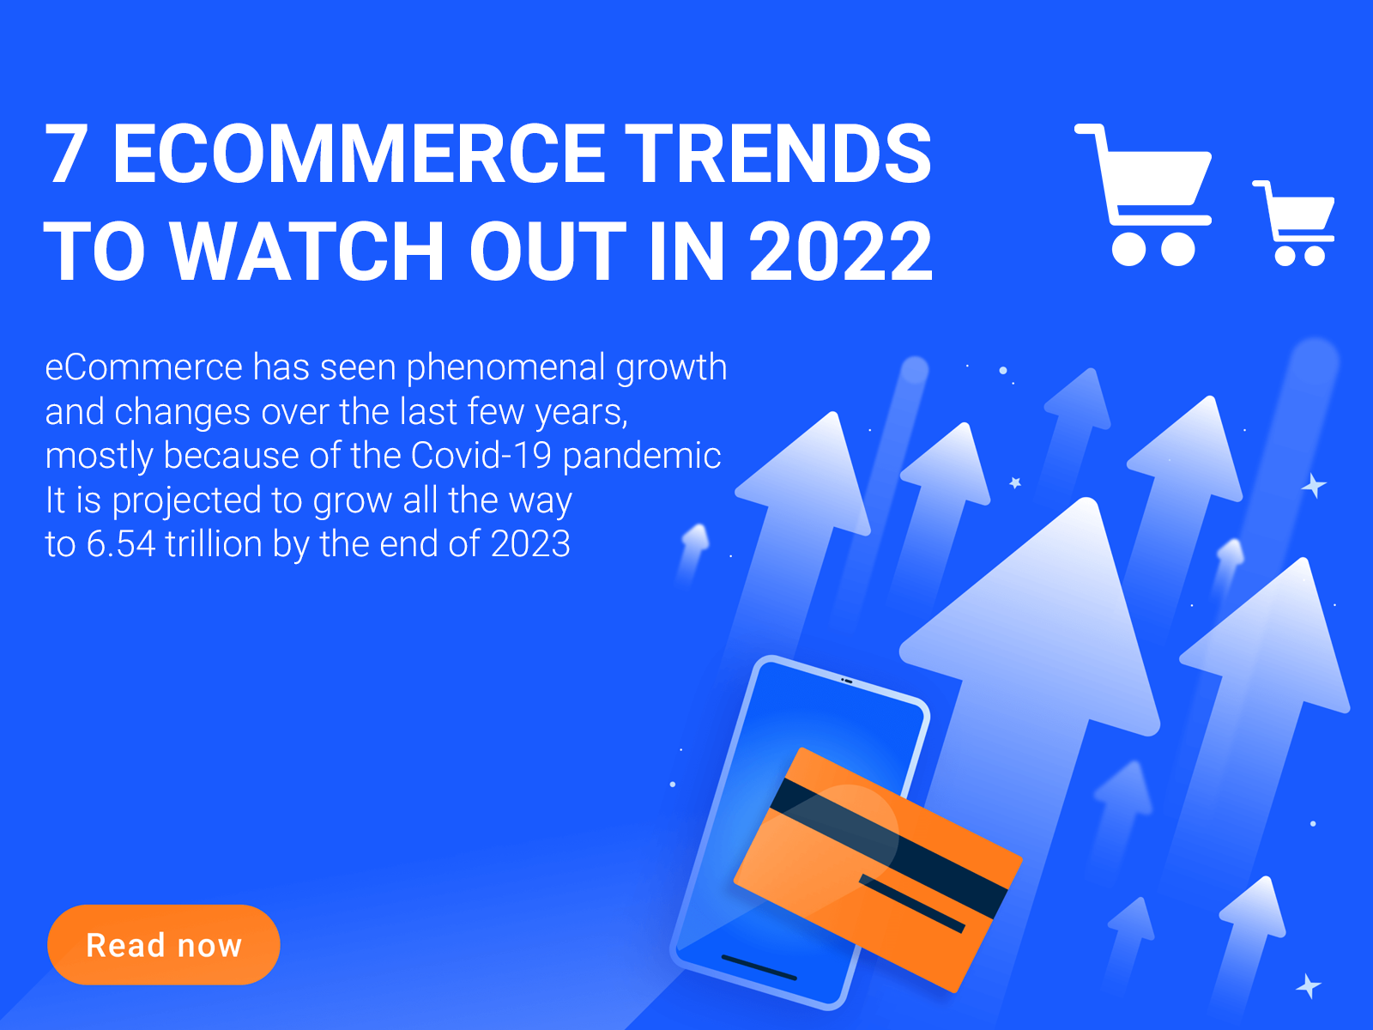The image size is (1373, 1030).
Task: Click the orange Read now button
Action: point(163,944)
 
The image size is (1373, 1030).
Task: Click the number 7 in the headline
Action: point(65,154)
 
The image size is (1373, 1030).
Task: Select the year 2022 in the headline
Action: point(841,251)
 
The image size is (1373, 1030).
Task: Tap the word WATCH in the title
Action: point(307,251)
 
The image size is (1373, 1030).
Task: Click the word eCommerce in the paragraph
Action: point(143,367)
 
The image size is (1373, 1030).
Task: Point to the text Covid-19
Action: point(481,455)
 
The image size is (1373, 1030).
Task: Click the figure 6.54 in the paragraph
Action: point(121,544)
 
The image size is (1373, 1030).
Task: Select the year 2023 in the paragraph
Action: point(530,544)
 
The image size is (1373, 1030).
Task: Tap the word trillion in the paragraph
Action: point(214,543)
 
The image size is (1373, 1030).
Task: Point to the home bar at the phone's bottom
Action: point(759,967)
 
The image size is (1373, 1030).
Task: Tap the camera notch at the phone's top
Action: point(847,680)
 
